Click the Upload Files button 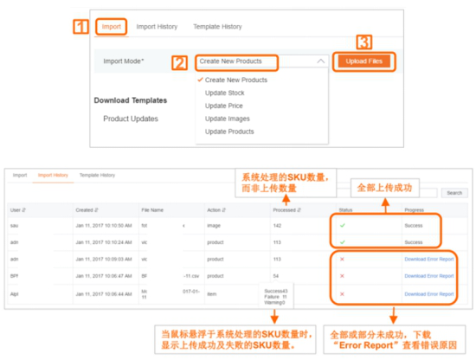point(364,61)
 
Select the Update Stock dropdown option point(224,93)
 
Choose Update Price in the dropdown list point(223,106)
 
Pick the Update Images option point(226,119)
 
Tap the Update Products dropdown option point(229,132)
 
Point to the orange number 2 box point(179,62)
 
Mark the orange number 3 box point(364,42)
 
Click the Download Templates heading point(128,100)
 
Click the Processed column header point(285,209)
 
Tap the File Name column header point(152,209)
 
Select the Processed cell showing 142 point(278,225)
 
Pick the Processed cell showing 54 point(277,275)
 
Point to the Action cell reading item point(210,293)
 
